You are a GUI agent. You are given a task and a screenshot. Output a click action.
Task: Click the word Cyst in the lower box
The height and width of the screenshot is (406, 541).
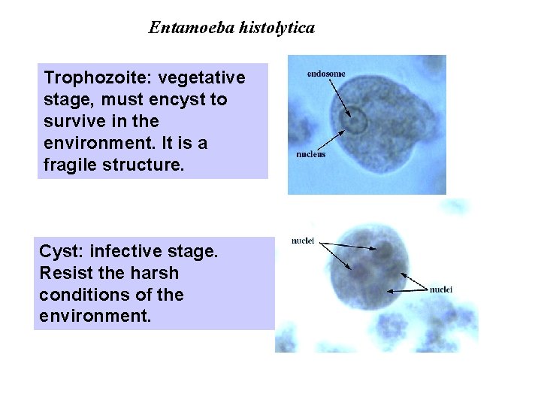tap(58, 252)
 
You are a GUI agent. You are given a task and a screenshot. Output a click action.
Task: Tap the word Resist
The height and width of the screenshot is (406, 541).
tap(65, 273)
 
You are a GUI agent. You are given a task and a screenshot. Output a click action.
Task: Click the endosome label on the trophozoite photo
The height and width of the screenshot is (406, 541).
tap(326, 74)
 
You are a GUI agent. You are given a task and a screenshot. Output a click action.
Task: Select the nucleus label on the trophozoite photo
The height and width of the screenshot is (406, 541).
tap(310, 155)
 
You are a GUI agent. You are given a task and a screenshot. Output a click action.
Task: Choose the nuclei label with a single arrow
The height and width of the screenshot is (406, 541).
tap(441, 289)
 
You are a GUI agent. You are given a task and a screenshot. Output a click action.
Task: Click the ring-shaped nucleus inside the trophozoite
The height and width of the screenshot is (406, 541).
tap(355, 120)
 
